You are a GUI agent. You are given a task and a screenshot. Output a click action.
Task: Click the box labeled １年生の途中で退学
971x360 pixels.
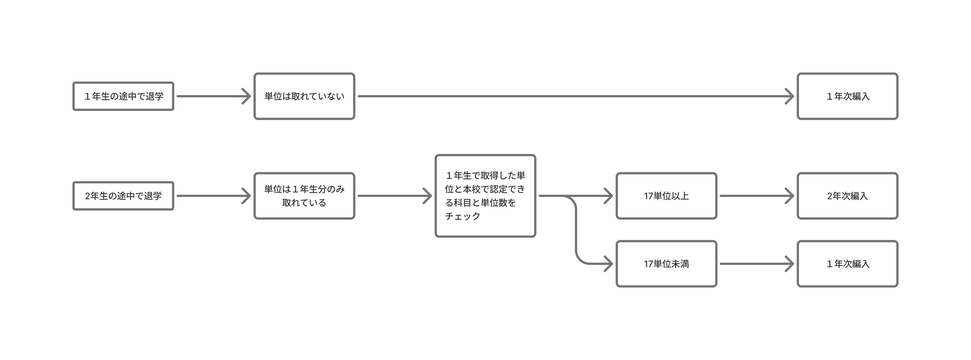(123, 96)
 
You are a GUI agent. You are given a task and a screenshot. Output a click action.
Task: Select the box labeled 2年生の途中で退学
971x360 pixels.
(123, 196)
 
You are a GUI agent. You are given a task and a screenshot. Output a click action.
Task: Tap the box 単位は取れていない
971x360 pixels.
(304, 96)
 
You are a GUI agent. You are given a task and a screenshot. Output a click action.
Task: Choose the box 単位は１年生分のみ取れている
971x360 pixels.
(304, 196)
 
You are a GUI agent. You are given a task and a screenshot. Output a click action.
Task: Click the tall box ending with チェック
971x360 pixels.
(485, 196)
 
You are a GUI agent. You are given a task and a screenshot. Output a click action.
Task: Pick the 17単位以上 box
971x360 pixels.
(666, 196)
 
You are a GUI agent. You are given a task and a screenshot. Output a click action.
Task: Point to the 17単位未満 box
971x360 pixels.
(666, 263)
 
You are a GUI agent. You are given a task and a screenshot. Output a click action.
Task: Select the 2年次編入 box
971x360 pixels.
(847, 196)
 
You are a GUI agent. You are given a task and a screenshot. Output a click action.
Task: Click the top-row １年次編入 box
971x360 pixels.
(847, 96)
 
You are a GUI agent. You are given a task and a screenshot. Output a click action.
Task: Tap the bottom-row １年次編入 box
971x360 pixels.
(847, 263)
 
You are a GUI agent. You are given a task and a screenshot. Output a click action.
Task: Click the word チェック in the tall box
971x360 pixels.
(463, 216)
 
